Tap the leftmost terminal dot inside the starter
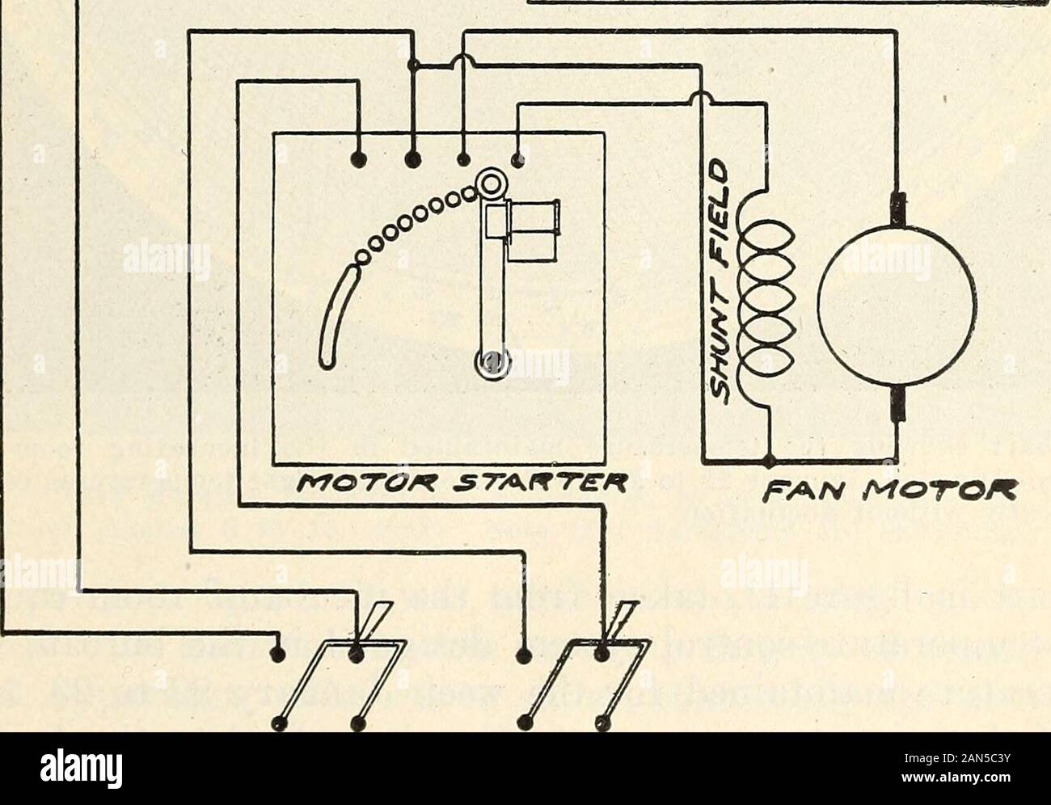click(357, 158)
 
